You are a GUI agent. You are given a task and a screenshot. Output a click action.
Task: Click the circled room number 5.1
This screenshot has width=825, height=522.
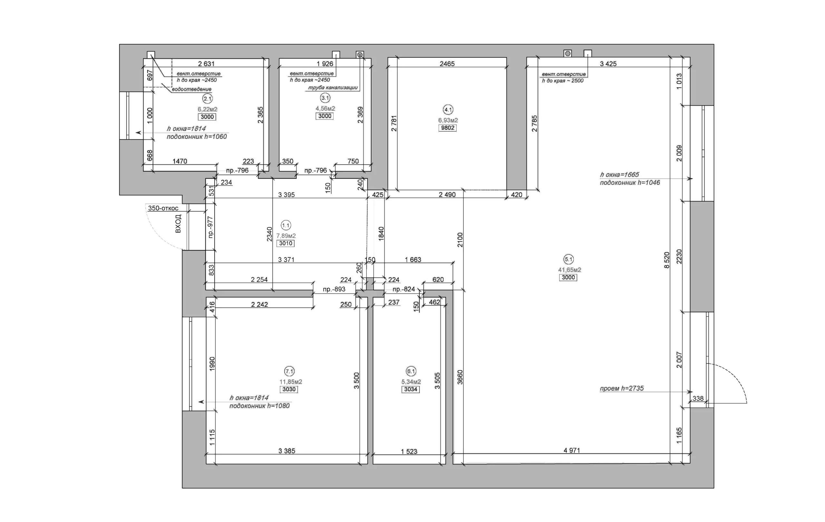click(x=569, y=260)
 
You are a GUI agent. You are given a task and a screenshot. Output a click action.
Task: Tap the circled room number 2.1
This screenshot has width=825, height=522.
click(x=208, y=99)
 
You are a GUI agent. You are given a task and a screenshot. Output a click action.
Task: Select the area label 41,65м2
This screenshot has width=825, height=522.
click(x=569, y=270)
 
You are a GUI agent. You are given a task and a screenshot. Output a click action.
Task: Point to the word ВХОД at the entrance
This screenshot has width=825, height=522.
click(x=178, y=224)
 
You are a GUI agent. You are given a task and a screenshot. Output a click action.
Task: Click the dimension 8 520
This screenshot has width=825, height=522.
click(x=667, y=260)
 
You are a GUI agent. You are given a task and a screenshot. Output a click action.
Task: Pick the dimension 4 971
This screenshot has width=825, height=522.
click(x=572, y=451)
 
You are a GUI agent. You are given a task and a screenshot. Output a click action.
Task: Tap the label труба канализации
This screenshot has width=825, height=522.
click(x=333, y=88)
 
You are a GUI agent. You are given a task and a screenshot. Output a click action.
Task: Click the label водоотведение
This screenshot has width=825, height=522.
click(x=191, y=89)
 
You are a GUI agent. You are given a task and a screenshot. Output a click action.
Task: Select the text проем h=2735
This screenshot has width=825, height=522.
click(x=622, y=388)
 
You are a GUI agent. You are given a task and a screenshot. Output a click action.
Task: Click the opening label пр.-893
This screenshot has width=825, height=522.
click(x=334, y=289)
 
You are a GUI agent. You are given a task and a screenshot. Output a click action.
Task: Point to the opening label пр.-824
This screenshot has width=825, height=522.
click(x=403, y=289)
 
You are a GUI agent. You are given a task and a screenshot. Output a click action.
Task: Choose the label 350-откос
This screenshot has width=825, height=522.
click(x=163, y=208)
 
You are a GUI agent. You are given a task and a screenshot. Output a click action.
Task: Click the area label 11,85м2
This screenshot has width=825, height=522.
click(x=291, y=382)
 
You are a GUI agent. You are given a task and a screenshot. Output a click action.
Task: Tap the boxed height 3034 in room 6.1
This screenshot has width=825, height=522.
click(x=411, y=389)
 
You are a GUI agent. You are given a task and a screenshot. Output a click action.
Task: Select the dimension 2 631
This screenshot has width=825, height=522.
click(x=206, y=64)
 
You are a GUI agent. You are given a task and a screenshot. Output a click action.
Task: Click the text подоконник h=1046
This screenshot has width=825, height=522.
click(x=630, y=183)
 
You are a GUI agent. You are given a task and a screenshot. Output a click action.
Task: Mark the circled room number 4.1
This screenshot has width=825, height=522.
click(x=448, y=110)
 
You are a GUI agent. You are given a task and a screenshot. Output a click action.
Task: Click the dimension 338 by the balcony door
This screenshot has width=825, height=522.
click(x=698, y=398)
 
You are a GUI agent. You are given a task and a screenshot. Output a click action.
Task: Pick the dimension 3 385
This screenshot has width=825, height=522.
click(x=287, y=451)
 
